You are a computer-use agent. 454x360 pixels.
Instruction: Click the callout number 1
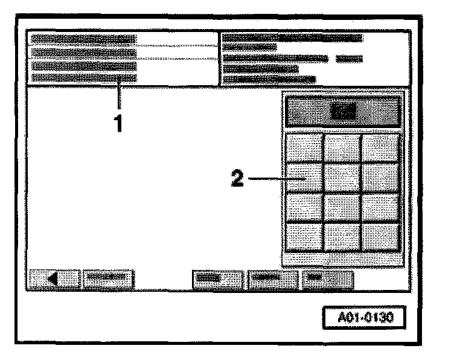pyautogui.click(x=120, y=123)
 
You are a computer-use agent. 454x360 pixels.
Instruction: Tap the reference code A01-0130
pyautogui.click(x=363, y=317)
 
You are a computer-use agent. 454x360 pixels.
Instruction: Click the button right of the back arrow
pyautogui.click(x=109, y=280)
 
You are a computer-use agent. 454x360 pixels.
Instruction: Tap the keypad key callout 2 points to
pyautogui.click(x=304, y=178)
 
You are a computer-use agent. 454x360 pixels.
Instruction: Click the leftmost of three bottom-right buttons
pyautogui.click(x=217, y=280)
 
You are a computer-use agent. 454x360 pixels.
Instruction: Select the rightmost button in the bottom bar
pyautogui.click(x=327, y=280)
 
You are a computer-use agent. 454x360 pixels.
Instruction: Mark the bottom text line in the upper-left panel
pyautogui.click(x=84, y=77)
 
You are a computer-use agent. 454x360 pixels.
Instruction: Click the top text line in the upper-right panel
pyautogui.click(x=293, y=38)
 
